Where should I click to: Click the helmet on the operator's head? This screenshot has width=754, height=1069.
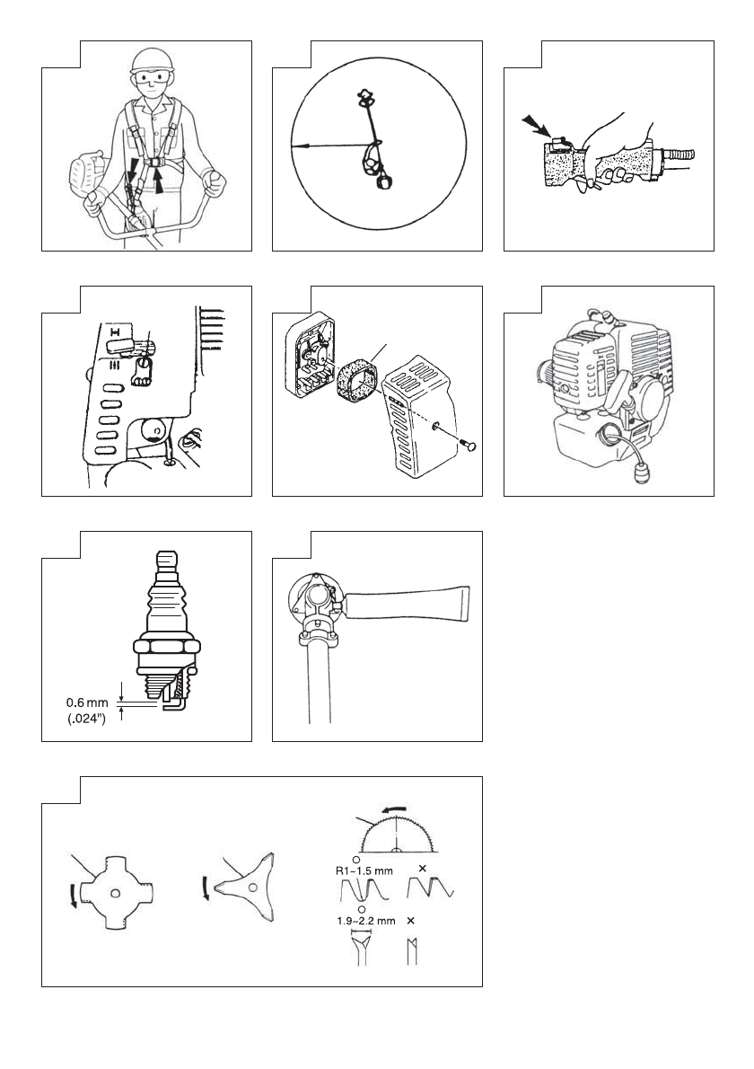(150, 60)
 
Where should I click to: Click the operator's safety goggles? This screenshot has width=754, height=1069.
(151, 78)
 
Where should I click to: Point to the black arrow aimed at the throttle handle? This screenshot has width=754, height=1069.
(533, 126)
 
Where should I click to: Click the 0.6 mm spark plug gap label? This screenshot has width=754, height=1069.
(86, 702)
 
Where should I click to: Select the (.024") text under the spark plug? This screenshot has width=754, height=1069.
(86, 719)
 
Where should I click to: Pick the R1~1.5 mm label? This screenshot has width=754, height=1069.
(364, 870)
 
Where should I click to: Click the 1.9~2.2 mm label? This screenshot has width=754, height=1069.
(365, 921)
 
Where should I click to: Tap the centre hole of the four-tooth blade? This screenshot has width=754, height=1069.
(117, 893)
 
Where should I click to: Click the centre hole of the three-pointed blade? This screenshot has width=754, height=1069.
(253, 887)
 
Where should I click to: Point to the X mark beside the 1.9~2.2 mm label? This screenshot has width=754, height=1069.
(411, 921)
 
